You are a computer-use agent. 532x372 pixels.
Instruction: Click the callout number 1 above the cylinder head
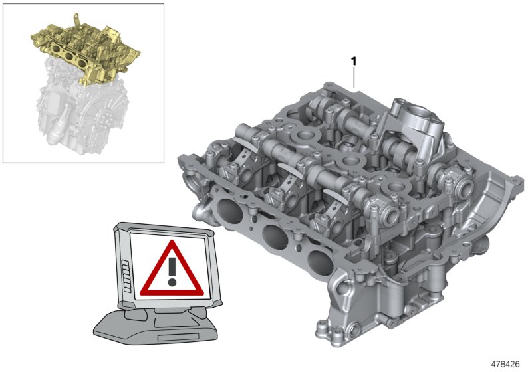click(x=354, y=61)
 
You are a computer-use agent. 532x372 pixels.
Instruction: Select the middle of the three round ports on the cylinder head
click(x=273, y=234)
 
